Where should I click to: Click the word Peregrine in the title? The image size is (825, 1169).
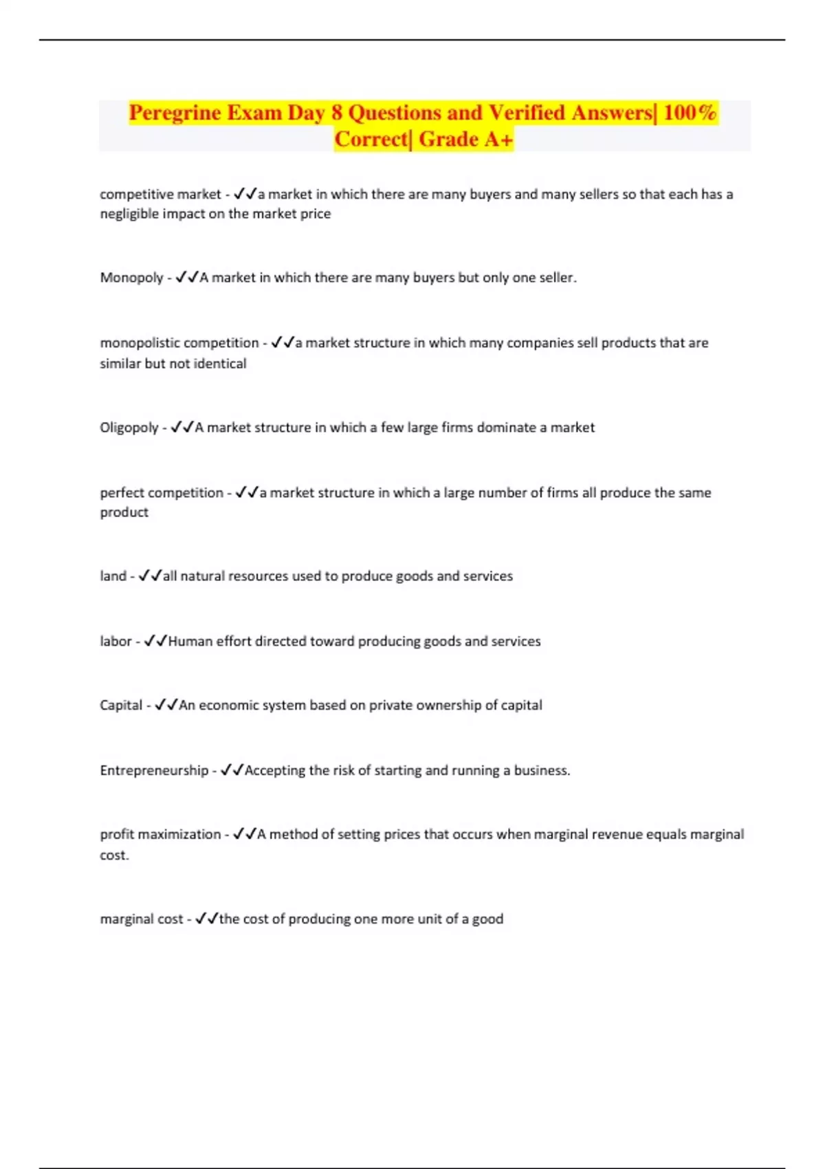click(x=175, y=113)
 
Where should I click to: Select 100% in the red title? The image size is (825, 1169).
click(x=690, y=113)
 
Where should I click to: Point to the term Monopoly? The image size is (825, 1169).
click(x=131, y=278)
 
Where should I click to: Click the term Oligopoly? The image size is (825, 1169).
click(x=129, y=428)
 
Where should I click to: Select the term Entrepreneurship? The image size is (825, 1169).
click(x=154, y=770)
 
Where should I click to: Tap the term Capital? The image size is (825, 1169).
click(x=121, y=706)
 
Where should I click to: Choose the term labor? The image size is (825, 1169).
click(x=115, y=642)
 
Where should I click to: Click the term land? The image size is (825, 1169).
click(x=113, y=576)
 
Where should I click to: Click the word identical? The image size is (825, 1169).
click(x=219, y=364)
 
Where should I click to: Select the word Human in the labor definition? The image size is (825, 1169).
click(x=190, y=642)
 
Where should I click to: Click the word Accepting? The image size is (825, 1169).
click(x=275, y=770)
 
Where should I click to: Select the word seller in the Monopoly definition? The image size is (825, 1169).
click(x=555, y=278)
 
